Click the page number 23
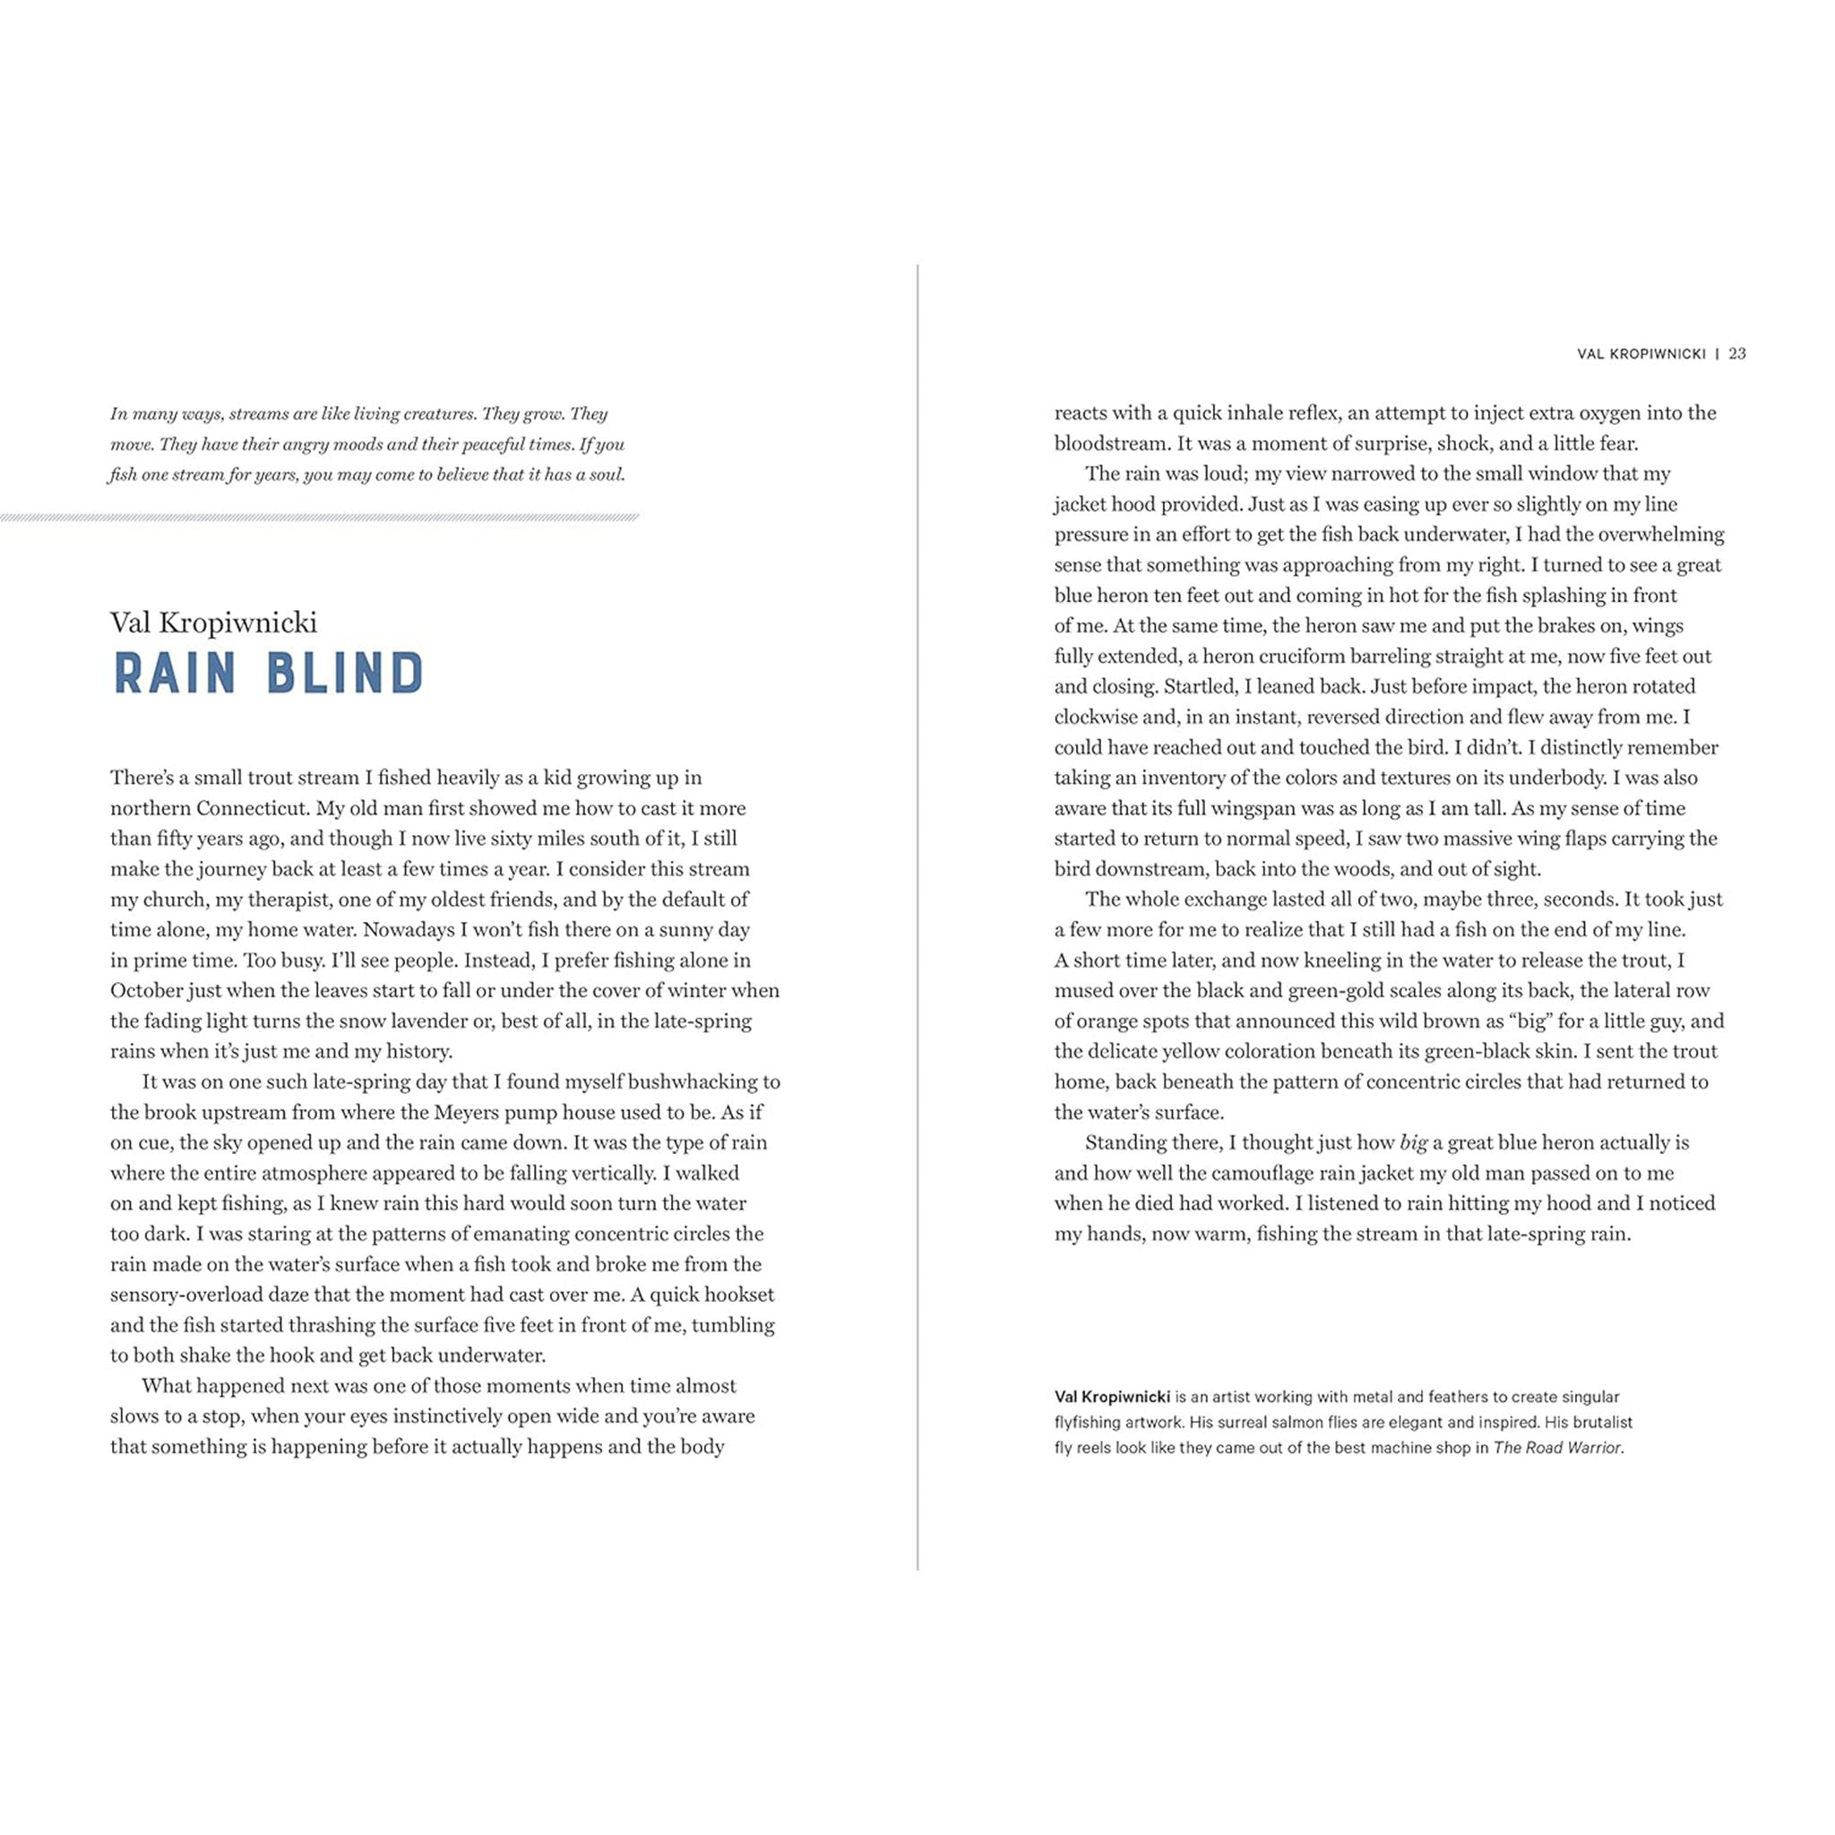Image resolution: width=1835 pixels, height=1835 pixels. pyautogui.click(x=1736, y=353)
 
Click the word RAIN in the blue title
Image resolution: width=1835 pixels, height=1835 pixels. pyautogui.click(x=175, y=673)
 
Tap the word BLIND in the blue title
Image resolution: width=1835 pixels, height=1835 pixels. pyautogui.click(x=345, y=673)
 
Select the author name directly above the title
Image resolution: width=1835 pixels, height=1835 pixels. pyautogui.click(x=214, y=622)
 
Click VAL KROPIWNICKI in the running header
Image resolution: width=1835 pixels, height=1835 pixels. pyautogui.click(x=1641, y=354)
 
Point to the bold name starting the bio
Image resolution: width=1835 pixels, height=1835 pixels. pyautogui.click(x=1111, y=1396)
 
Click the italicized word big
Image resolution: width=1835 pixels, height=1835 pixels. pyautogui.click(x=1413, y=1142)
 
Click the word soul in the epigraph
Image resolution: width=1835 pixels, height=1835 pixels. pyautogui.click(x=606, y=474)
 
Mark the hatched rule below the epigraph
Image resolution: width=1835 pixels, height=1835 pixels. pyautogui.click(x=319, y=518)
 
